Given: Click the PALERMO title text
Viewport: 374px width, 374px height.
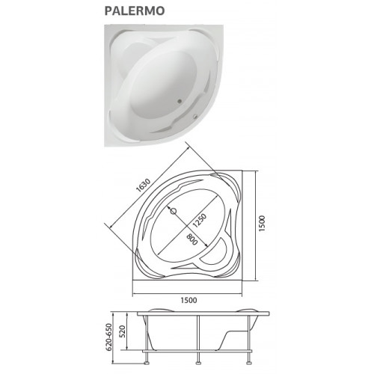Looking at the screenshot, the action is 135,10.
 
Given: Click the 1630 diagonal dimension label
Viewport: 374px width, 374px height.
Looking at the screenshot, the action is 144,185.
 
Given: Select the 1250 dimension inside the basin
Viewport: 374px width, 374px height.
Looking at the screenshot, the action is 200,221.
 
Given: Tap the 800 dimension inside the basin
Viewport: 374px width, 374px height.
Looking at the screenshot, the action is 192,239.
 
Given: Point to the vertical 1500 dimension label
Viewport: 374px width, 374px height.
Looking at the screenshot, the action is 262,224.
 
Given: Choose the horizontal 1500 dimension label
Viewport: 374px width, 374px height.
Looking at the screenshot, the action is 188,300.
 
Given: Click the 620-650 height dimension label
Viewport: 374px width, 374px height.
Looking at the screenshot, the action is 109,337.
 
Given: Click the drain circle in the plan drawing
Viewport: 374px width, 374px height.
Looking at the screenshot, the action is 174,212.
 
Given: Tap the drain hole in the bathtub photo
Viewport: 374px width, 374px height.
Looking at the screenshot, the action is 179,101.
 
